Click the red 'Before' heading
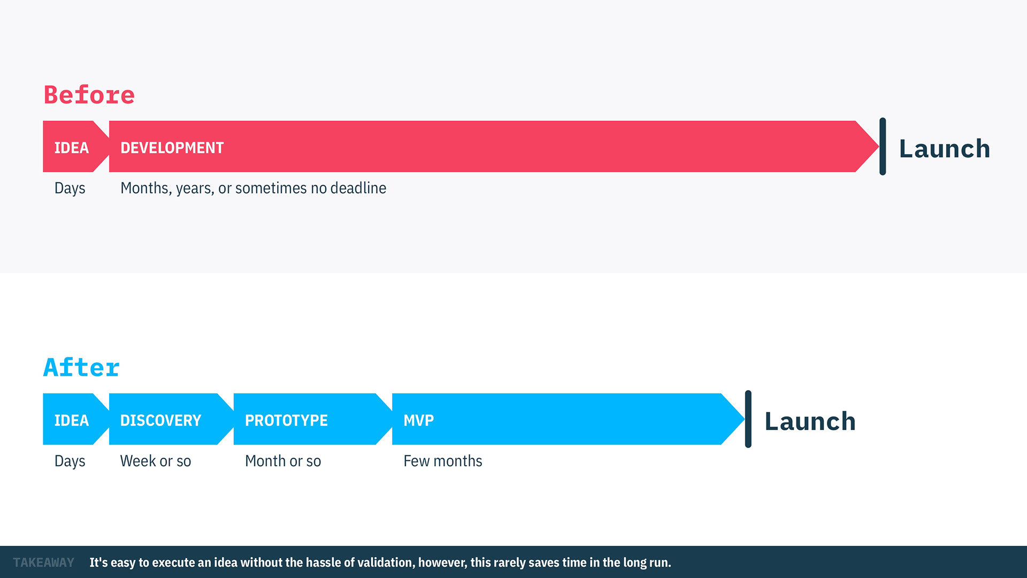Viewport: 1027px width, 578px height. [x=89, y=95]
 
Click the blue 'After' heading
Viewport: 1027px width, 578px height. [x=81, y=368]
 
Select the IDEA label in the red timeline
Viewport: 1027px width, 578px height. [x=71, y=148]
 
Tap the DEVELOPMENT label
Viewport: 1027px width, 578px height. [x=172, y=148]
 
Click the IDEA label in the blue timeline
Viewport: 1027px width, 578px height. [x=71, y=421]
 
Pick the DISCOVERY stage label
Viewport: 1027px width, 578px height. [x=160, y=421]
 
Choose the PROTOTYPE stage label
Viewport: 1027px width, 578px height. [x=286, y=421]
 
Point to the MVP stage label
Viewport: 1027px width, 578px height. [x=418, y=421]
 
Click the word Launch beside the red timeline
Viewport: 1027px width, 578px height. [x=944, y=148]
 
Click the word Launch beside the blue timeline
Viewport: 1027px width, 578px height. [x=810, y=421]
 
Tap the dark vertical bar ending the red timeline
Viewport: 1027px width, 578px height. [x=883, y=146]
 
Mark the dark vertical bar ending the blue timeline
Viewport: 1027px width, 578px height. [x=748, y=419]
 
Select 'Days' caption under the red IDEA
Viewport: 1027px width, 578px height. [x=70, y=188]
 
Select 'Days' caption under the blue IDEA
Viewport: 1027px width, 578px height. [x=70, y=461]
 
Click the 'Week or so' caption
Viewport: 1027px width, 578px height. [x=155, y=461]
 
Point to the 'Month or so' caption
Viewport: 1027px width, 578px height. [x=282, y=461]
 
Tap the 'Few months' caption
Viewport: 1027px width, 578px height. [x=442, y=461]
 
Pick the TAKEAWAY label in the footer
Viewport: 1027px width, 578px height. [x=43, y=562]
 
